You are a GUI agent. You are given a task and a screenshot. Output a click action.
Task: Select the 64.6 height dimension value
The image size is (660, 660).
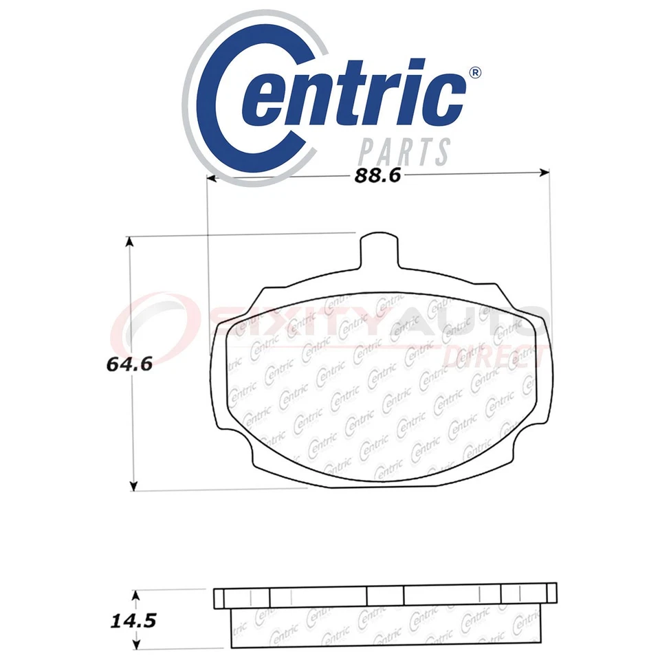point(129,364)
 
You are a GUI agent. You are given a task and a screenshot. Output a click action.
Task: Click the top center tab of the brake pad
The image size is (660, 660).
point(379,247)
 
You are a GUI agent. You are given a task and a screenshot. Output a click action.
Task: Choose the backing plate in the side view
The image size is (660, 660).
point(385,595)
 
